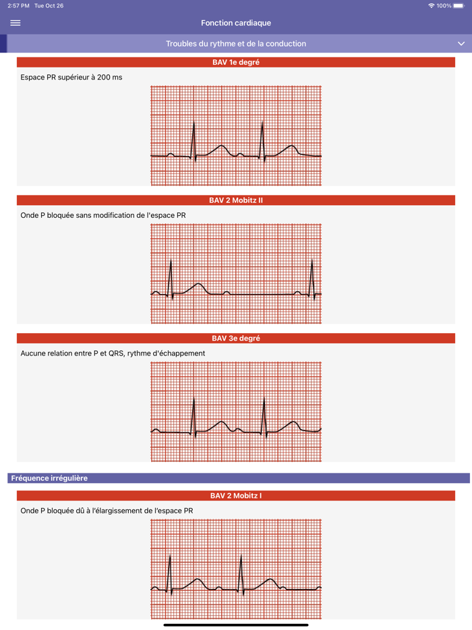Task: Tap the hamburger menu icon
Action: (16, 23)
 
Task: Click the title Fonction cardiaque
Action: (236, 23)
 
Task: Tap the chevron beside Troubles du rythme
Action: (461, 44)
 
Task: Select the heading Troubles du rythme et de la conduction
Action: (236, 44)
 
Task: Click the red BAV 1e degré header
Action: (236, 62)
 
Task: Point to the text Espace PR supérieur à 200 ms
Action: (71, 78)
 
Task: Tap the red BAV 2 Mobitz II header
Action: (236, 200)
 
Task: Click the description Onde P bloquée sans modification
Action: (103, 215)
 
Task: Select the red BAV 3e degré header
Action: (236, 338)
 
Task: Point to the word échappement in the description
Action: (179, 353)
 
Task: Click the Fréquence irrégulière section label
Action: (49, 478)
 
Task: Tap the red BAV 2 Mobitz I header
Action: (236, 496)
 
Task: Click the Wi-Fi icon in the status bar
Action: (432, 5)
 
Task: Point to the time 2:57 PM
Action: (18, 5)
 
